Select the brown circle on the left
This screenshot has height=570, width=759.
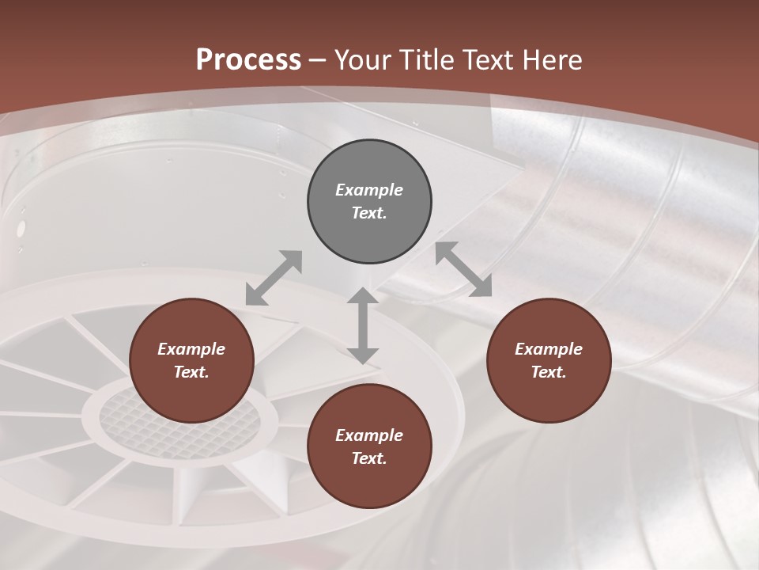pyautogui.click(x=191, y=360)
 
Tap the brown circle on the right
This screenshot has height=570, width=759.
pyautogui.click(x=549, y=360)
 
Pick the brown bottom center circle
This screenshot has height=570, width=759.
pyautogui.click(x=369, y=446)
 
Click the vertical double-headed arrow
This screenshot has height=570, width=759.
pyautogui.click(x=362, y=325)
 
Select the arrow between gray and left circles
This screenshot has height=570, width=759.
pyautogui.click(x=274, y=277)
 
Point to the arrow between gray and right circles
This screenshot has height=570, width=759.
pyautogui.click(x=464, y=269)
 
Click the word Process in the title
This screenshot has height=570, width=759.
pyautogui.click(x=248, y=59)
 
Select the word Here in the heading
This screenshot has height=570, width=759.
pyautogui.click(x=553, y=59)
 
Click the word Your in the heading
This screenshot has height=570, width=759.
pyautogui.click(x=361, y=59)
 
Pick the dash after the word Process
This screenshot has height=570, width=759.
pyautogui.click(x=317, y=60)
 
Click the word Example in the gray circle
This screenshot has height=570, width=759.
pyautogui.click(x=369, y=190)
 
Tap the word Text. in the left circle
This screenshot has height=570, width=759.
pyautogui.click(x=191, y=372)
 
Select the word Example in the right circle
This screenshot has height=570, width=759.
pyautogui.click(x=549, y=349)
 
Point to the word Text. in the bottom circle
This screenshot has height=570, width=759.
pyautogui.click(x=369, y=458)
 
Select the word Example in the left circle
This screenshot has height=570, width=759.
pyautogui.click(x=191, y=349)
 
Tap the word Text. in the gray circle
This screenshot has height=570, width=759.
pyautogui.click(x=369, y=213)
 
